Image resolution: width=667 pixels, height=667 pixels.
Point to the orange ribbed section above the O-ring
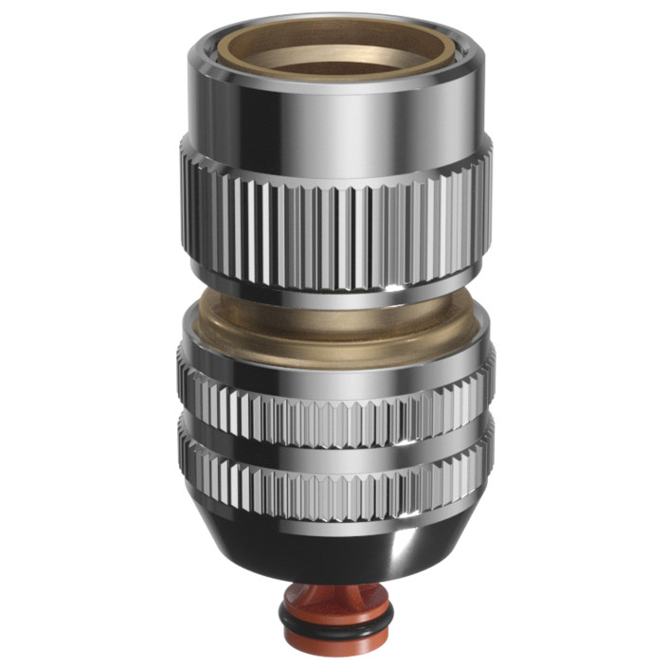pyautogui.click(x=333, y=602)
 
